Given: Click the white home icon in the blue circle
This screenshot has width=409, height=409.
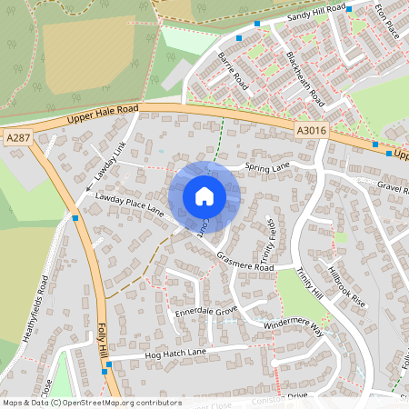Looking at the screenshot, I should (x=204, y=196).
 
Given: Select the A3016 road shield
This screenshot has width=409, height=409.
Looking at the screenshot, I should (x=311, y=131).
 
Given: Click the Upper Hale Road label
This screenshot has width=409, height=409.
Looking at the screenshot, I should (x=102, y=114).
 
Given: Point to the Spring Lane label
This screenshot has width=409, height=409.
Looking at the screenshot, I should (x=266, y=167).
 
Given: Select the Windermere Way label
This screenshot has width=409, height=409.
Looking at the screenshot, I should (x=294, y=324).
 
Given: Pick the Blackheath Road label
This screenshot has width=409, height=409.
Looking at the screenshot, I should (x=304, y=76).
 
